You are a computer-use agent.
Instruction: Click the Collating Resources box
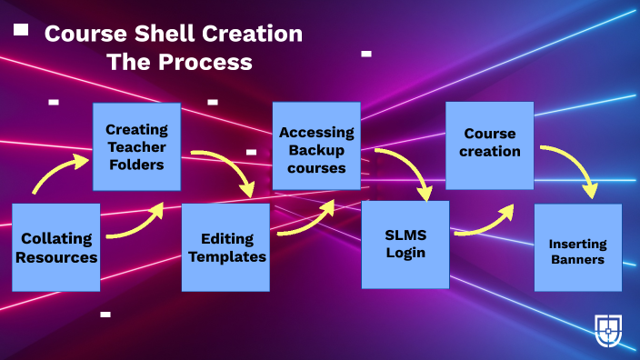tap(55, 247)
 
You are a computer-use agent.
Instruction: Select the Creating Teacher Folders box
tap(135, 146)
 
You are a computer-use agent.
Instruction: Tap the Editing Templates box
tap(225, 247)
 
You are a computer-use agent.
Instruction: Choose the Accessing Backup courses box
tap(315, 145)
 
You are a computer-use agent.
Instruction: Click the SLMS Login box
tap(405, 244)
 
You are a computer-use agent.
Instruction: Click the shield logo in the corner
tap(608, 329)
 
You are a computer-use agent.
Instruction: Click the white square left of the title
tap(21, 30)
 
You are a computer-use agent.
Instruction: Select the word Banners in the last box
tap(577, 259)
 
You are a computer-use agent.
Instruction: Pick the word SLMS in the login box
tap(405, 235)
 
